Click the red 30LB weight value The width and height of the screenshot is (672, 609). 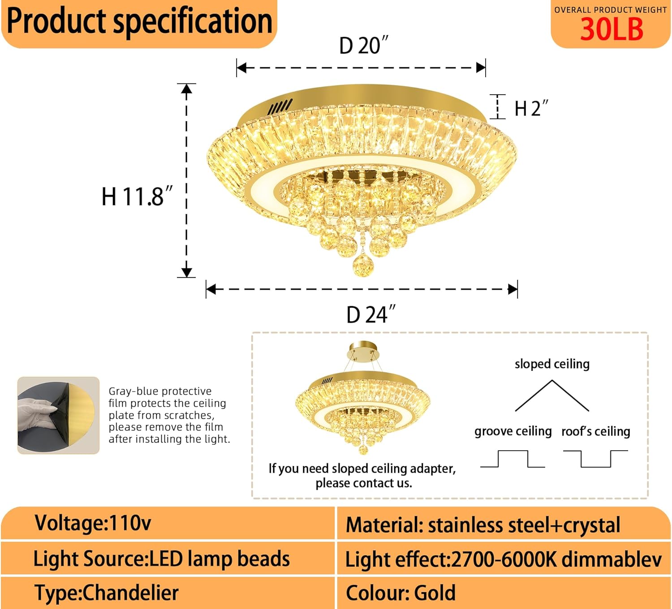coord(612,30)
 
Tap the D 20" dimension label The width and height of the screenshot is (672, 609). coord(363,46)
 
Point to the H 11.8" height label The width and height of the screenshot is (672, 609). coord(137,196)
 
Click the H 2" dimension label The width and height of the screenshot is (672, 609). coord(531,109)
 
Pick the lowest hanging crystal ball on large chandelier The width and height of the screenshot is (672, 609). coord(362,266)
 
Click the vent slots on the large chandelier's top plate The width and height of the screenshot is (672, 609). coord(280,107)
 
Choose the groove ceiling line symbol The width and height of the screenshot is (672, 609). coord(513,459)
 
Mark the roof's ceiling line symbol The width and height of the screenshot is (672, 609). coord(595,459)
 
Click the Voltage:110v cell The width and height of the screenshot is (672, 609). coord(93,523)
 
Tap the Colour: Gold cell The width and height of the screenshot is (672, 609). coord(401,593)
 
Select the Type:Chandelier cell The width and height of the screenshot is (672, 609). coord(107,593)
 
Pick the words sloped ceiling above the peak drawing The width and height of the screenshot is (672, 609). coord(552,364)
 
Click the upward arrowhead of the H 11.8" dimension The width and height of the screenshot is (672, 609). coord(186,88)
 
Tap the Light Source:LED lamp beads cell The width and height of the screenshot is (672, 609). coord(161,559)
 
